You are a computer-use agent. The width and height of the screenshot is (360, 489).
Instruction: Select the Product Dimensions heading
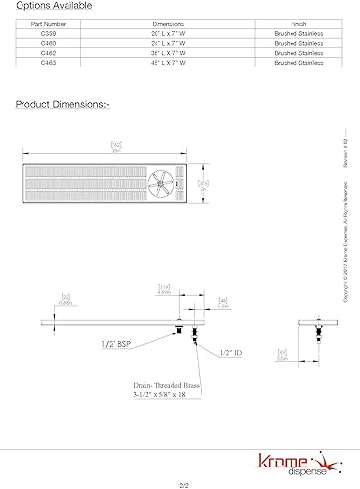61,102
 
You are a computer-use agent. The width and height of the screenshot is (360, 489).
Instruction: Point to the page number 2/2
182,483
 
